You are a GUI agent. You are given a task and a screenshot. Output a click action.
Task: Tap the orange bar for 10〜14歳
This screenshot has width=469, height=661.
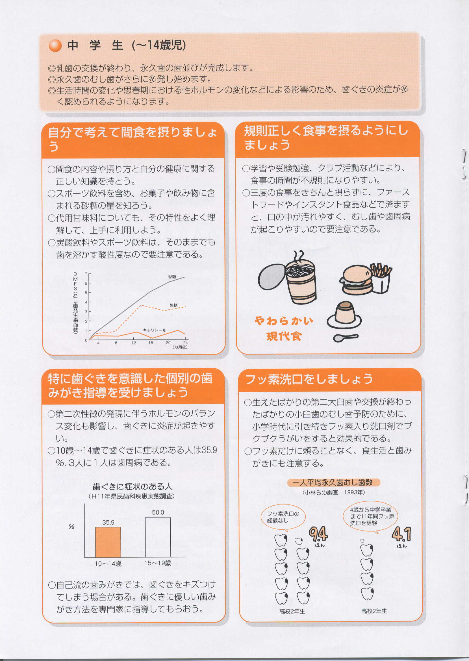click(108, 542)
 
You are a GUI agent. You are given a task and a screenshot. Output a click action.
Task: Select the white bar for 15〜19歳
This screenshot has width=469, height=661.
click(158, 537)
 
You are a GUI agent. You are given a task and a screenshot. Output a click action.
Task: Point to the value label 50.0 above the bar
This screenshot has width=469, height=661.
click(158, 512)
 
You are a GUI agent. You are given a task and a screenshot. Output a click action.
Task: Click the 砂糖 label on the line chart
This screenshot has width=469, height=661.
click(172, 277)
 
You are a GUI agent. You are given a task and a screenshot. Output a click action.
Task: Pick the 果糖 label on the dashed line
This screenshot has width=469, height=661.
click(173, 305)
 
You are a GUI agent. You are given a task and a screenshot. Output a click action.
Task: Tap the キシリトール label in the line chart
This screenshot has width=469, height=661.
click(155, 330)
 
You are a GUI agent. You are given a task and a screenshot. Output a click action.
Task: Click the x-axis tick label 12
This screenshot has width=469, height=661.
click(134, 343)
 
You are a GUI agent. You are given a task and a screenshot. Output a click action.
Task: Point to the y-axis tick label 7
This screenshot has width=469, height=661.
click(86, 274)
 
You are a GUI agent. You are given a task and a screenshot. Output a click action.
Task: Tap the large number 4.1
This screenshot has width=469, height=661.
click(401, 534)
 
